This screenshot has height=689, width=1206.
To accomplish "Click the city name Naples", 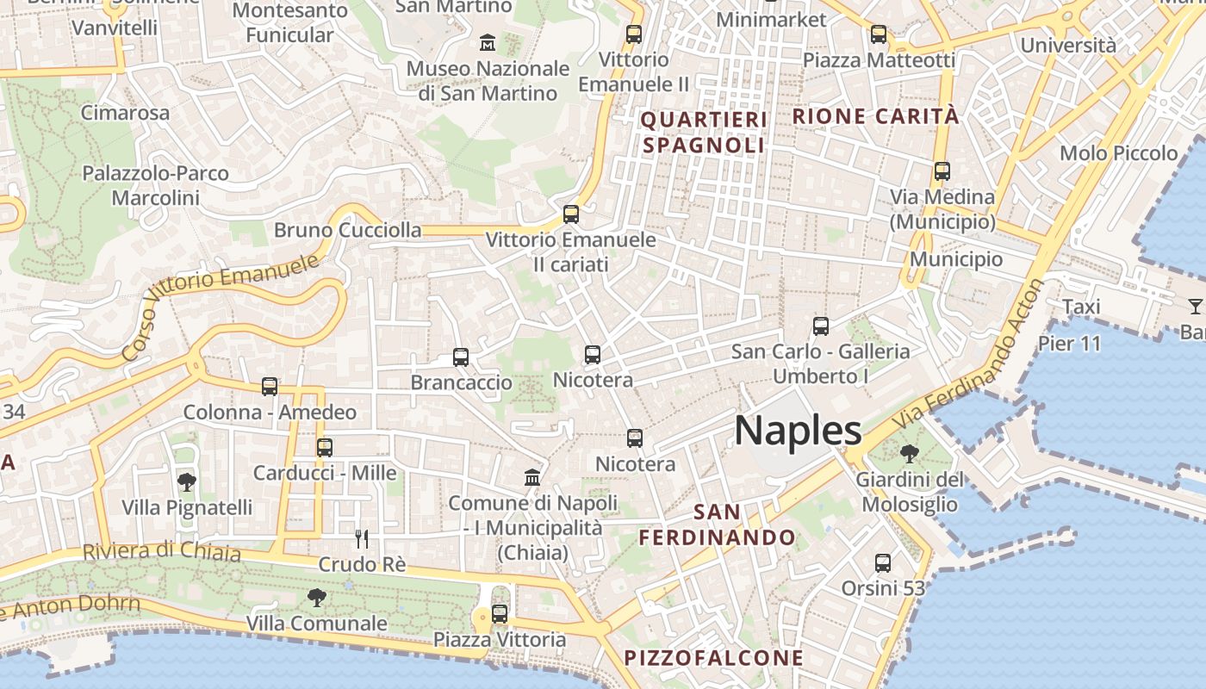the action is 798,430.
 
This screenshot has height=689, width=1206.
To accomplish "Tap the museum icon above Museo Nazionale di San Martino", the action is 488,41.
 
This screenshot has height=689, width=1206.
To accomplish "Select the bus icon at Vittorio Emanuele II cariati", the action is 570,214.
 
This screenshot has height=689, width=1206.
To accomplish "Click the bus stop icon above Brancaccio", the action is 461,357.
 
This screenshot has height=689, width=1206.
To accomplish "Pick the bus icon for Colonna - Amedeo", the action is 270,387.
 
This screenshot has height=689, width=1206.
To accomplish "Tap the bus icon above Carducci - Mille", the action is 324,447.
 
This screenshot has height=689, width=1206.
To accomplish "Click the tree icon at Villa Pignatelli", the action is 186,481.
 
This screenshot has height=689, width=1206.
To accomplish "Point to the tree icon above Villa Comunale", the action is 316,597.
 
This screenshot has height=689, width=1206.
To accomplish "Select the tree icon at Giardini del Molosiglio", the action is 908,453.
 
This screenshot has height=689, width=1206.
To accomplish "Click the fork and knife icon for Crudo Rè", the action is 362,539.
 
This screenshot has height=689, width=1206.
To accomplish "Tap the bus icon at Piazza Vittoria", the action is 499,613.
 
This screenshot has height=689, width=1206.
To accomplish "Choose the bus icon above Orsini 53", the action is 882,563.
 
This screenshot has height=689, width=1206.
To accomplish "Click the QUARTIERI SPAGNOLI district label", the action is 704,132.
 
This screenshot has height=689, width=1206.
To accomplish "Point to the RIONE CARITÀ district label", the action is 874,116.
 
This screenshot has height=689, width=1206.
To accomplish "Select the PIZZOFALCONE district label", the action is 713,659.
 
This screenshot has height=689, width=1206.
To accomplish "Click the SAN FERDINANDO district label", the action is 717,525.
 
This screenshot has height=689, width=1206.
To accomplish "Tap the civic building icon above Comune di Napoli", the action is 532,477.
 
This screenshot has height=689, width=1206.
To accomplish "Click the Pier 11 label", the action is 1069,344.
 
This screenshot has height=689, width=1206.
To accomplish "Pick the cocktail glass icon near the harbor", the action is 1195,306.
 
